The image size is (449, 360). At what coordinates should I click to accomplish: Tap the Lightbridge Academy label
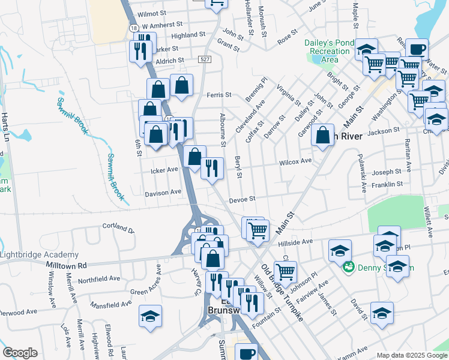tap(39, 254)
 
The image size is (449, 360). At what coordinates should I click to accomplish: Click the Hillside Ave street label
tap(295, 242)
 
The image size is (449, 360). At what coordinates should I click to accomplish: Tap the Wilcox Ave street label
tap(295, 161)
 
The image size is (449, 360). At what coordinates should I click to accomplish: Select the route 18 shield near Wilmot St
tap(133, 28)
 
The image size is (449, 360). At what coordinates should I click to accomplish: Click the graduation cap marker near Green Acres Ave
tap(150, 316)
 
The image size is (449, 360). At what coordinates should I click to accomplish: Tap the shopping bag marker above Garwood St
tap(323, 134)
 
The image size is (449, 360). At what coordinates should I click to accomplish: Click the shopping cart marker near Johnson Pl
tap(285, 271)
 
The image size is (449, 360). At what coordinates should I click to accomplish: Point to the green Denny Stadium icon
tap(347, 267)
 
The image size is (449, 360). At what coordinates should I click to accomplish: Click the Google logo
tap(20, 352)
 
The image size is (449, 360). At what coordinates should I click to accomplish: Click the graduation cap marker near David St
tap(382, 313)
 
